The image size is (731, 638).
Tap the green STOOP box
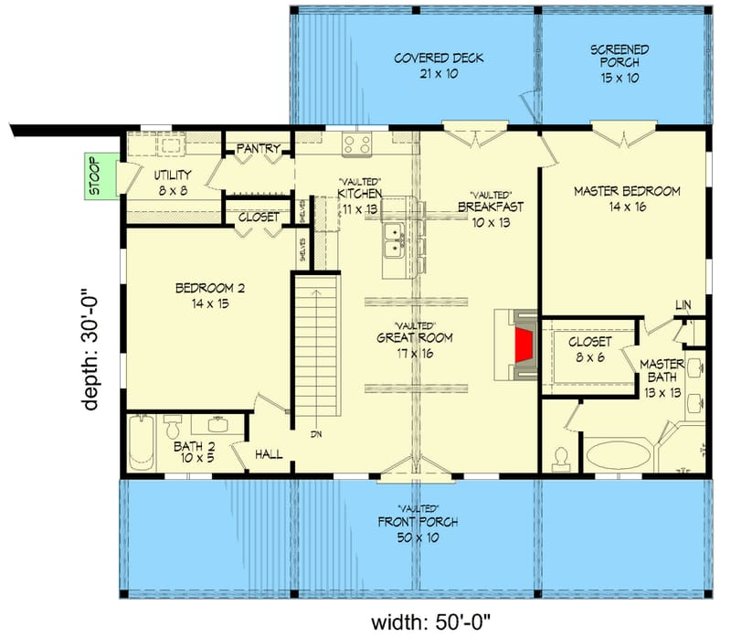click(x=95, y=176)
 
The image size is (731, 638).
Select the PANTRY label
click(x=258, y=149)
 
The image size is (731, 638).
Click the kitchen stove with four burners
click(x=356, y=143)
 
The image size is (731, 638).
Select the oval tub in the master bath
click(x=620, y=454)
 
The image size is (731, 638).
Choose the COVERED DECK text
click(x=439, y=58)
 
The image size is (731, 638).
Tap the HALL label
click(x=270, y=453)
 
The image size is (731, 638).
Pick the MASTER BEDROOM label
click(x=627, y=192)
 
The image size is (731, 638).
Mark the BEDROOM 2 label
click(x=209, y=289)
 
